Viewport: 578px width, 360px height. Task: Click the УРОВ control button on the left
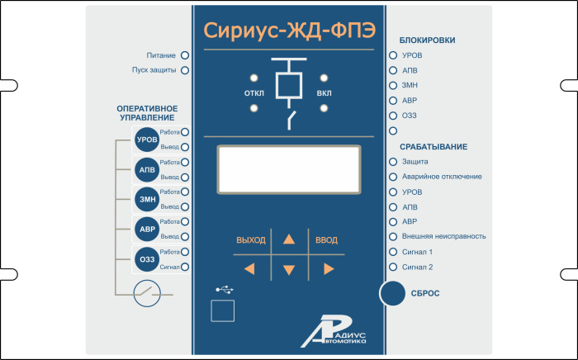click(x=146, y=140)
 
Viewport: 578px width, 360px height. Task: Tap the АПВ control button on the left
click(x=146, y=169)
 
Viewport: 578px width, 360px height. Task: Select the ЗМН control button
click(x=146, y=199)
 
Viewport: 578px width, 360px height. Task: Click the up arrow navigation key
click(x=288, y=240)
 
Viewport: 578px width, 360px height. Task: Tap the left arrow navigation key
click(x=250, y=268)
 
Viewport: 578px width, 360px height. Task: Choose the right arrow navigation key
click(x=328, y=268)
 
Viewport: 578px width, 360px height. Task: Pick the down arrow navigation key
click(x=288, y=269)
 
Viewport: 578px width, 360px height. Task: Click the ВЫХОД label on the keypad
click(x=251, y=240)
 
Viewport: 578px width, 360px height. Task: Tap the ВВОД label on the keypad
click(x=327, y=240)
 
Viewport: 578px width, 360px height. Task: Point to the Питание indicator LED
click(x=184, y=55)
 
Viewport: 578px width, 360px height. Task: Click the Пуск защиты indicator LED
click(x=184, y=70)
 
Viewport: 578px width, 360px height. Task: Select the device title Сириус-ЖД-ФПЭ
click(x=288, y=31)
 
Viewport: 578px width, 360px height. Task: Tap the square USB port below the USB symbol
click(x=222, y=310)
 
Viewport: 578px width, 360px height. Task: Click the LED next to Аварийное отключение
click(x=393, y=177)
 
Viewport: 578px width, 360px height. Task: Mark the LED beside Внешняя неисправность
click(x=393, y=236)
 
